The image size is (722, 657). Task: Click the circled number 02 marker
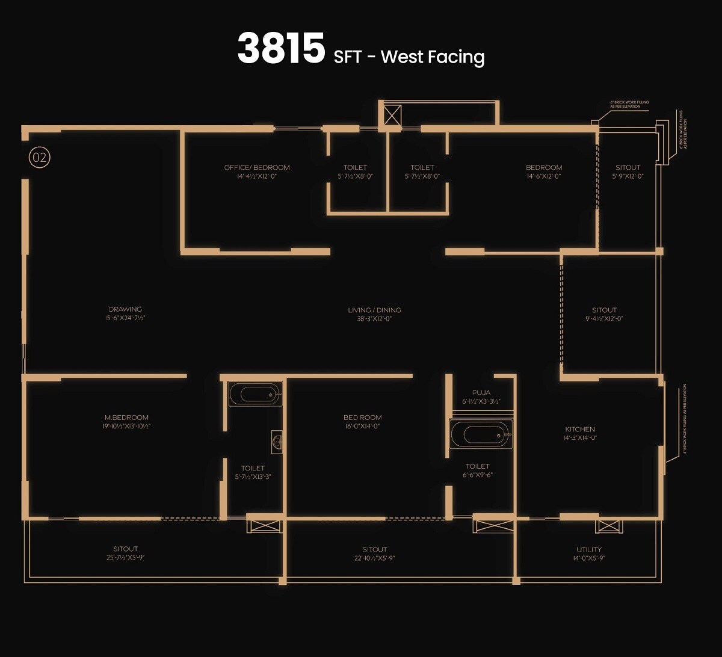(40, 158)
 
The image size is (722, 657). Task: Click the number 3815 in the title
(281, 49)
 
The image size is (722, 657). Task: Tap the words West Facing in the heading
(433, 57)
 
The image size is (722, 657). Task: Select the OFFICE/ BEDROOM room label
(257, 167)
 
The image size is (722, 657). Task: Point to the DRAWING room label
(125, 309)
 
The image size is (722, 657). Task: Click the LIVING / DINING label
(374, 310)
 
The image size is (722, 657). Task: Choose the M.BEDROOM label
(126, 417)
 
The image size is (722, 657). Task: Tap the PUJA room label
(481, 393)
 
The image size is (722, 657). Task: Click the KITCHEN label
(580, 429)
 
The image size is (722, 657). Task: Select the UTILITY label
(588, 549)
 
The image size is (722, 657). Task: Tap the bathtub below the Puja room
(480, 434)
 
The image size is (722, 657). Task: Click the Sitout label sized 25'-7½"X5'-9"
(126, 549)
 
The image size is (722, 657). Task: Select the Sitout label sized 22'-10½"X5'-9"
(375, 549)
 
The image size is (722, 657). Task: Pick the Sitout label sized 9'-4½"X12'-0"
(604, 310)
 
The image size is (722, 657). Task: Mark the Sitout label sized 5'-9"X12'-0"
(628, 167)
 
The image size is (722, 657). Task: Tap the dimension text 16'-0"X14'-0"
(362, 426)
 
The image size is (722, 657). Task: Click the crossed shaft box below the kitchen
(608, 526)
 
